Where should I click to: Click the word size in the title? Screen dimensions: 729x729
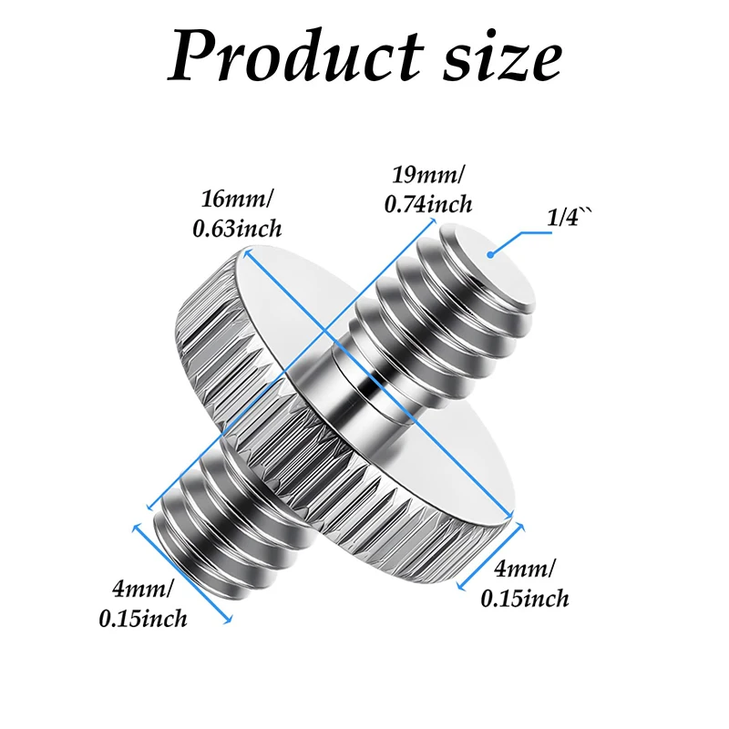(x=502, y=59)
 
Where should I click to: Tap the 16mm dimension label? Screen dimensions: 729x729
(x=237, y=200)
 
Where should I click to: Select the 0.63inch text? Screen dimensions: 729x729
(x=237, y=229)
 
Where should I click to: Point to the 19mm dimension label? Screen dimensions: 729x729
(x=428, y=176)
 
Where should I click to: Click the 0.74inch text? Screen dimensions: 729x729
(x=428, y=204)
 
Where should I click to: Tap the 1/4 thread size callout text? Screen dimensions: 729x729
(x=569, y=218)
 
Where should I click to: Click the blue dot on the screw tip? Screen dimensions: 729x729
(x=490, y=254)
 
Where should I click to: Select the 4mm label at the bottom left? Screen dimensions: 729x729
(x=143, y=590)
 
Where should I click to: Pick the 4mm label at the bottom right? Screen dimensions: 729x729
(x=525, y=569)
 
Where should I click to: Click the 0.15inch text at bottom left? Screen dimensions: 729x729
(x=143, y=619)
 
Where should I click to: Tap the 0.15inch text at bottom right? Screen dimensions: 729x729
(x=525, y=598)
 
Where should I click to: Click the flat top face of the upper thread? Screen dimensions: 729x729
(x=488, y=266)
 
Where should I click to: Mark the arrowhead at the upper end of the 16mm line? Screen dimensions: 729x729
(x=248, y=254)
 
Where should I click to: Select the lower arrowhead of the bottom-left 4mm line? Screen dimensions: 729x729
(x=228, y=620)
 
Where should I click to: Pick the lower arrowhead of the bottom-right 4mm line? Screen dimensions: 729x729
(x=461, y=587)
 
